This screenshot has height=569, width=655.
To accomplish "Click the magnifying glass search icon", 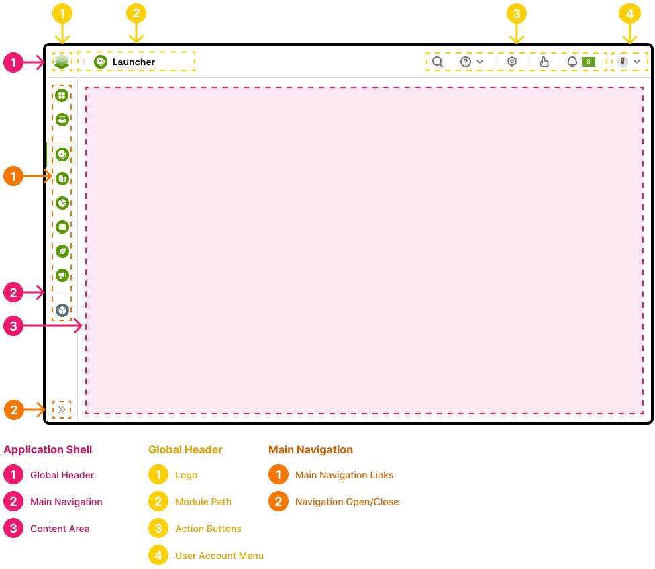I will pyautogui.click(x=438, y=62).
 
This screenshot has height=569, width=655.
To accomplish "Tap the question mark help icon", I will pyautogui.click(x=466, y=62).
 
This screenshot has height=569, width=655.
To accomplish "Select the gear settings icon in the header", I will pyautogui.click(x=512, y=62).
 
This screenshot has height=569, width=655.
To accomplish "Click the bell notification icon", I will pyautogui.click(x=572, y=62).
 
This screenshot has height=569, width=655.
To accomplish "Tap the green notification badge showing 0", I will pyautogui.click(x=588, y=62).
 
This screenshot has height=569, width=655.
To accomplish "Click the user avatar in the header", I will pyautogui.click(x=623, y=62).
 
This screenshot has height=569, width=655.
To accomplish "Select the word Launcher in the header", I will pyautogui.click(x=134, y=62).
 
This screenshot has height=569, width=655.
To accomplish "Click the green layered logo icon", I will pyautogui.click(x=62, y=62).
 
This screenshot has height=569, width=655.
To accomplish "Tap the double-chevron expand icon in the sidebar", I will pyautogui.click(x=62, y=409).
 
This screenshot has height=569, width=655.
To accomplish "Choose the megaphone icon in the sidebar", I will pyautogui.click(x=62, y=275).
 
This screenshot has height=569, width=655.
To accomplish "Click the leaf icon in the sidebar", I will pyautogui.click(x=62, y=251).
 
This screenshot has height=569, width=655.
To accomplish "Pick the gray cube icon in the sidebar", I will pyautogui.click(x=62, y=310).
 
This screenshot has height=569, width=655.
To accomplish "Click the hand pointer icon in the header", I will pyautogui.click(x=544, y=62).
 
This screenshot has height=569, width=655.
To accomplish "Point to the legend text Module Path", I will pyautogui.click(x=203, y=502).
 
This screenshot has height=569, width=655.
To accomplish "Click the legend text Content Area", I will pyautogui.click(x=60, y=529).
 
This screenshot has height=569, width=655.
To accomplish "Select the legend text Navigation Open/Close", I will pyautogui.click(x=347, y=502).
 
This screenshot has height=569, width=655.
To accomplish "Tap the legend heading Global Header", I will pyautogui.click(x=185, y=449).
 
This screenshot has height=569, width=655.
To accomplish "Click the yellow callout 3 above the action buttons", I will pyautogui.click(x=516, y=13).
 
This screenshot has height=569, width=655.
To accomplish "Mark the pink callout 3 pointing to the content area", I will pyautogui.click(x=13, y=327).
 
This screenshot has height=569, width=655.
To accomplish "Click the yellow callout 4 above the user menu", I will pyautogui.click(x=629, y=13).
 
